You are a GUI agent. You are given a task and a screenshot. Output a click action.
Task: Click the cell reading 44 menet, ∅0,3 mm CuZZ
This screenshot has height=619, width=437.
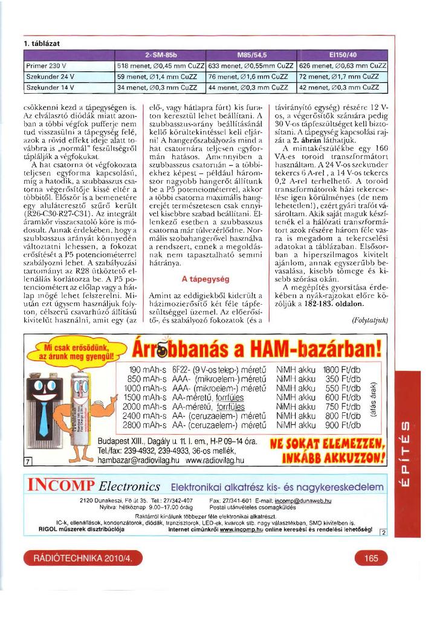[250, 87]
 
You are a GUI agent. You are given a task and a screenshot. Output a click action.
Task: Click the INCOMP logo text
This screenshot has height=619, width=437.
[60, 486]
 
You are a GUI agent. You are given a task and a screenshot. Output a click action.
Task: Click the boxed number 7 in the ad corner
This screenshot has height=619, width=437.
[28, 462]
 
